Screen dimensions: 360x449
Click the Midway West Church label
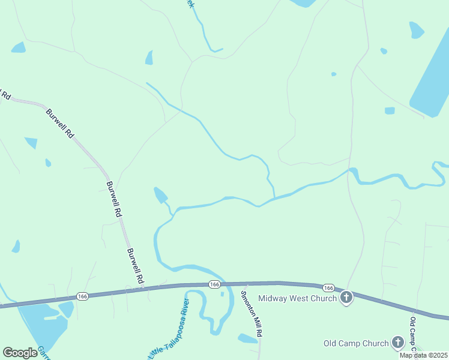click(x=297, y=298)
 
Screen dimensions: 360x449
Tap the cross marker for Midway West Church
click(x=346, y=298)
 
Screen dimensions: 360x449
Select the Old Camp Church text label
click(x=356, y=344)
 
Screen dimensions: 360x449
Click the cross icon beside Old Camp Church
click(x=397, y=343)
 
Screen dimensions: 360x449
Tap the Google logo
click(x=20, y=352)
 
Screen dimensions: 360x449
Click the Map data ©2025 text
click(x=423, y=355)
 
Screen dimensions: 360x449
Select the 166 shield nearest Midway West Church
click(x=328, y=288)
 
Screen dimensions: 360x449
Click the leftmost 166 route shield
click(x=83, y=296)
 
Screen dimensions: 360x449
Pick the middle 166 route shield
click(x=214, y=284)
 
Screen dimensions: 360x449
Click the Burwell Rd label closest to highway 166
click(x=135, y=266)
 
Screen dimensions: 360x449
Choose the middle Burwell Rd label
click(x=114, y=199)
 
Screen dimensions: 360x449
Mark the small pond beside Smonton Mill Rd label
click(x=247, y=339)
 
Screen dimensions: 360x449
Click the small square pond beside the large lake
click(x=390, y=110)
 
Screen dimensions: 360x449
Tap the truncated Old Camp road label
click(x=414, y=336)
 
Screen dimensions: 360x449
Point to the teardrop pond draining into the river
click(x=161, y=195)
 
